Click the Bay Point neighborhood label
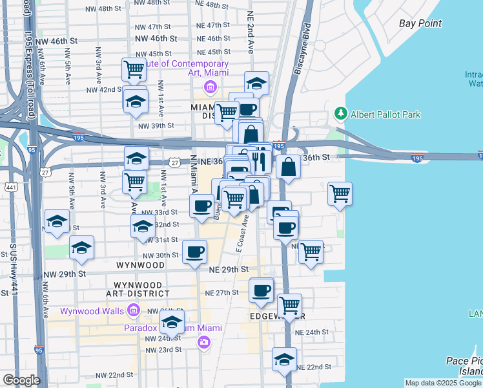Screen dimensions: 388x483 tap(420, 23)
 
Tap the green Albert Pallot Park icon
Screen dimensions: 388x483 tap(340, 114)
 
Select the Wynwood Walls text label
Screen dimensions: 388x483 tap(92, 311)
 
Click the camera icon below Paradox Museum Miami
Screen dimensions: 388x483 tap(204, 341)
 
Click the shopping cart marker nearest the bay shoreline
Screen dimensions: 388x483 tap(340, 193)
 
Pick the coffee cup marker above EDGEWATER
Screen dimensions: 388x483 tap(262, 290)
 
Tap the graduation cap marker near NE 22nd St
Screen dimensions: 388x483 tap(284, 360)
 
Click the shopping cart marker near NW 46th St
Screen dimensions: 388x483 tap(134, 69)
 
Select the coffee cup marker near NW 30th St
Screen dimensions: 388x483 tap(194, 252)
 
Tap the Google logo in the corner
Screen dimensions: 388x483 tap(21, 380)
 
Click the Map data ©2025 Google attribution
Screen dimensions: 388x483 tap(443, 383)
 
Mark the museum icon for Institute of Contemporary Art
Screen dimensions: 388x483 tap(210, 87)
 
